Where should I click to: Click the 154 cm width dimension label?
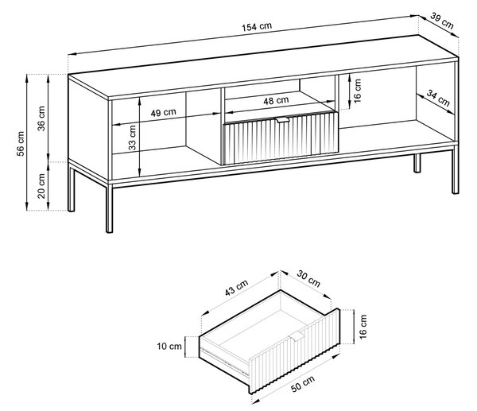click(x=257, y=27)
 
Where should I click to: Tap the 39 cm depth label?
click(x=442, y=21)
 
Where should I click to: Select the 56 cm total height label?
click(x=20, y=144)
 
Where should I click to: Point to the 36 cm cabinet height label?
click(x=41, y=118)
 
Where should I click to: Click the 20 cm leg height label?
click(x=41, y=186)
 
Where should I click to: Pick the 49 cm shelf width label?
click(x=163, y=113)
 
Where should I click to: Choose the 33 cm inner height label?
click(x=132, y=138)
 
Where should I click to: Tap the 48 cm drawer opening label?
click(x=276, y=100)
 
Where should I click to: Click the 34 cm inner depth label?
click(x=438, y=98)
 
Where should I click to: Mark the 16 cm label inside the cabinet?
click(x=358, y=91)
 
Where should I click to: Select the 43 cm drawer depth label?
click(x=236, y=288)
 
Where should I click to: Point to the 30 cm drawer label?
click(x=308, y=278)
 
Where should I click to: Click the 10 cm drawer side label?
click(x=169, y=346)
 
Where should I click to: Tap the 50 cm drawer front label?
click(x=303, y=384)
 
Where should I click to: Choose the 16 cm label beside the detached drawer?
click(x=363, y=327)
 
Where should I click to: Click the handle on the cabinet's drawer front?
click(x=282, y=120)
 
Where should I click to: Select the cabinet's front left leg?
click(x=109, y=208)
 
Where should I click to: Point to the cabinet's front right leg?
click(x=455, y=170)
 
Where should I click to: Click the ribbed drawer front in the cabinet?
click(x=281, y=138)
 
